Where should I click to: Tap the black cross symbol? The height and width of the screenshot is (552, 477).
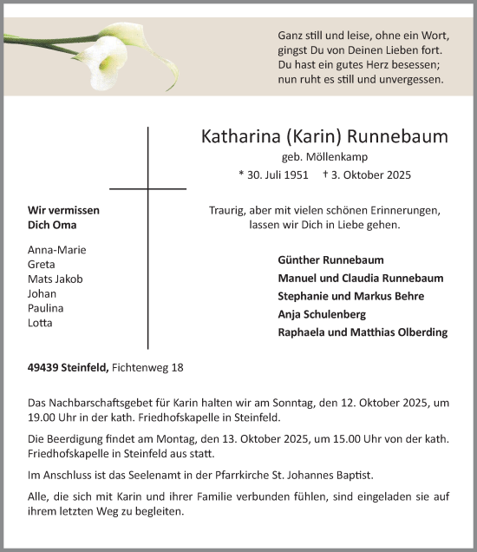pyautogui.click(x=147, y=188)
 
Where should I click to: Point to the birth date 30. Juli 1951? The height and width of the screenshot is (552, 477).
pyautogui.click(x=272, y=174)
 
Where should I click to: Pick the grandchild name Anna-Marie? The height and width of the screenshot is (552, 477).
pyautogui.click(x=56, y=249)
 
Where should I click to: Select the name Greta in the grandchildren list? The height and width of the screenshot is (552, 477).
pyautogui.click(x=42, y=264)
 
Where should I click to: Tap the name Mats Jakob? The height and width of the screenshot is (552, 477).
pyautogui.click(x=56, y=279)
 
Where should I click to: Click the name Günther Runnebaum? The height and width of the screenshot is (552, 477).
pyautogui.click(x=330, y=260)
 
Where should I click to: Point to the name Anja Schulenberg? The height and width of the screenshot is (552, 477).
pyautogui.click(x=323, y=314)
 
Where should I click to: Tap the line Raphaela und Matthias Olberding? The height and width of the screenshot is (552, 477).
pyautogui.click(x=363, y=332)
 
